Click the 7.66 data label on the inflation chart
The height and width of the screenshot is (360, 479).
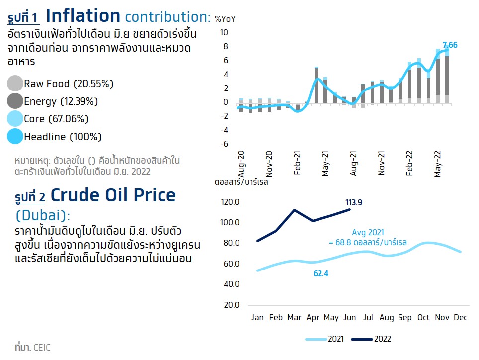(450, 45)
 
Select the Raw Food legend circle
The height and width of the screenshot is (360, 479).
(15, 84)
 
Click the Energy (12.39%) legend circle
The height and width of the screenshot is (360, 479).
(15, 101)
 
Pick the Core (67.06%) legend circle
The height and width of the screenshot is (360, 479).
(15, 119)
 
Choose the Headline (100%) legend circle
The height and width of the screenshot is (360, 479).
(15, 137)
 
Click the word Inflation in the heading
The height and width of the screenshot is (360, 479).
(83, 16)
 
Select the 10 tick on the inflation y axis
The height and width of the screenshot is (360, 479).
(224, 33)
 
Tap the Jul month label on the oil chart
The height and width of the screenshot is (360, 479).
(368, 318)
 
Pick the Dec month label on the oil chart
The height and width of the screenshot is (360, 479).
(461, 318)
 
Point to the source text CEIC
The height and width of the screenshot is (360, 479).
(42, 347)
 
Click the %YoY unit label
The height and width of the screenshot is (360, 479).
(225, 19)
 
